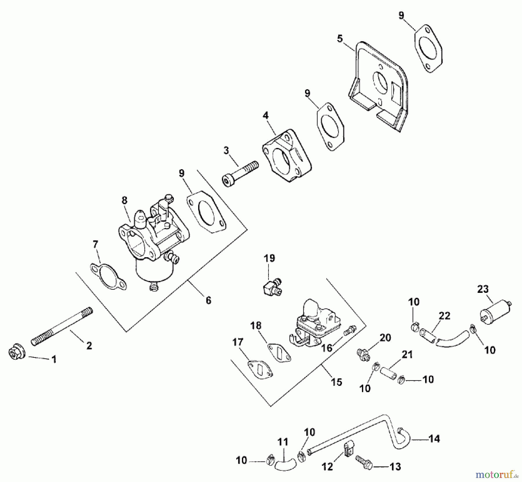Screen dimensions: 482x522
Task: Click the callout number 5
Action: pos(340,39)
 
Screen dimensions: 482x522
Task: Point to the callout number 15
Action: pos(336,382)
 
